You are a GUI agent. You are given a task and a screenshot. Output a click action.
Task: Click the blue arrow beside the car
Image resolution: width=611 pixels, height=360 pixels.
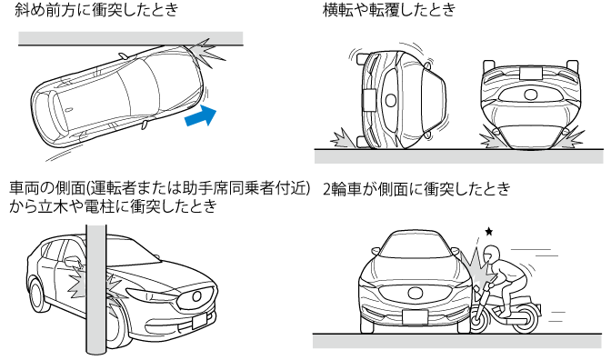pos(201,115)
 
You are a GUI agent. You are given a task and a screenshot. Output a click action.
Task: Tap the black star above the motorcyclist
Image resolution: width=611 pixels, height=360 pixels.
pos(488,232)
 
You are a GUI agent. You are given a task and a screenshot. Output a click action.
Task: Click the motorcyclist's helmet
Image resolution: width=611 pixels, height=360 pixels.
pos(491,255)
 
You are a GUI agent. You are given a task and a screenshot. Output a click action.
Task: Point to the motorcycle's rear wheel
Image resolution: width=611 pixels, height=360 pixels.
pos(526,318)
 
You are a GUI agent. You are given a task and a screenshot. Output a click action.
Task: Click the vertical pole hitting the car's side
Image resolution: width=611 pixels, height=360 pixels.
pos(95,288)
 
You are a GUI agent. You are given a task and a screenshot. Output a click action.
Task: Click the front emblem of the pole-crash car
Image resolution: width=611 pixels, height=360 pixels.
pos(196,296)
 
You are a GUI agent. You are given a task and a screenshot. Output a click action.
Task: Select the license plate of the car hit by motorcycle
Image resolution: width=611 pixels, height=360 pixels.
pos(415,316)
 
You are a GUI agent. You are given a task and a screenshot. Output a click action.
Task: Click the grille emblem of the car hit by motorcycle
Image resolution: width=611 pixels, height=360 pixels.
pos(415,292)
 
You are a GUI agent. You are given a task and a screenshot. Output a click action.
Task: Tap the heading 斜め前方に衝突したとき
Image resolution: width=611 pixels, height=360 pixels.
pos(96,9)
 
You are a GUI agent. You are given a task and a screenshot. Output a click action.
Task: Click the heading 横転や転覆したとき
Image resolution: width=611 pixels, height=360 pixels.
pos(389,9)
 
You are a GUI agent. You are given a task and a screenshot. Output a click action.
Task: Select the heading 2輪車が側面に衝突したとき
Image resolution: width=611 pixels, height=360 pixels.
pos(417,189)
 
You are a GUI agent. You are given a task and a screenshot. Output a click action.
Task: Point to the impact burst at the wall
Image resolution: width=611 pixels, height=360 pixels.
pos(206,53)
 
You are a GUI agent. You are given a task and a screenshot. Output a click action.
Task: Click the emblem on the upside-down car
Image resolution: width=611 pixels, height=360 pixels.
pos(530,95)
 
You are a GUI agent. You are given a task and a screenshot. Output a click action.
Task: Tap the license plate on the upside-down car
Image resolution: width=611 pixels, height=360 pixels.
pos(530,72)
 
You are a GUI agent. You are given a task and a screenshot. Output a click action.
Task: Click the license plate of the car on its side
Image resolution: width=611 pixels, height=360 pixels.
pos(369,101)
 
